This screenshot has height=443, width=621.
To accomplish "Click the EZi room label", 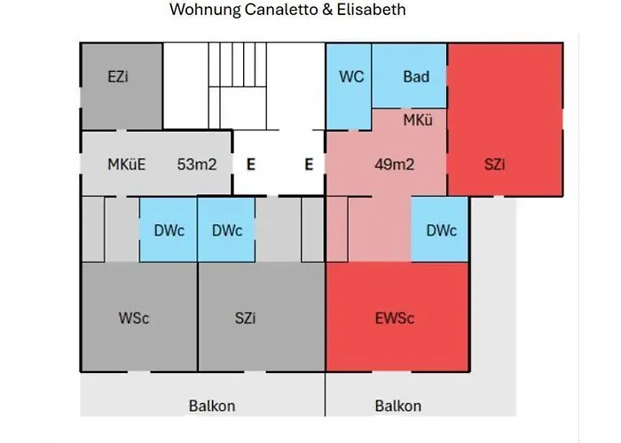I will (118, 77).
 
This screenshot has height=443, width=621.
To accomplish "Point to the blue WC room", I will (351, 77).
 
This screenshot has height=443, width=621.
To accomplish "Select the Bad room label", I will (416, 77).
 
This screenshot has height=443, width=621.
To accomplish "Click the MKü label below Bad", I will (418, 119).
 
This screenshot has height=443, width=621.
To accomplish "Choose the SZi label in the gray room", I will (248, 318).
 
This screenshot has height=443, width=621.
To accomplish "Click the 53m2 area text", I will (197, 164).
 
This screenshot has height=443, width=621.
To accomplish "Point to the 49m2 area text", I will (396, 164).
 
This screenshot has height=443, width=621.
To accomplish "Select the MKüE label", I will (126, 164).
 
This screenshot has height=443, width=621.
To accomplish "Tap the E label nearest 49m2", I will (308, 164).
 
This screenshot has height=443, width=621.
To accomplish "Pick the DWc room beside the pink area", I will (441, 230).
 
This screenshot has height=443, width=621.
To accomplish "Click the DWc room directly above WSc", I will (169, 230).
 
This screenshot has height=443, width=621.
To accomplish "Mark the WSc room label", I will (134, 318).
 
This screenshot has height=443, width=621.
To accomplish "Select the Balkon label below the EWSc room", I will (398, 406).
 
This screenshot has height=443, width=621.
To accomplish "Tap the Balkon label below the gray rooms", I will (212, 406).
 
